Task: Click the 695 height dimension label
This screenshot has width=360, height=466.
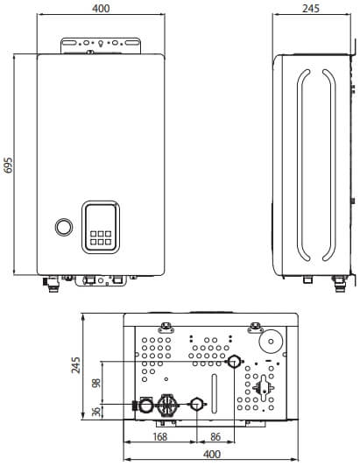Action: (x=9, y=166)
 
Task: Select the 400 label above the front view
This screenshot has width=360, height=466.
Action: (x=101, y=9)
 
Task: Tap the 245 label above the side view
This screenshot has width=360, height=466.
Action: (x=311, y=9)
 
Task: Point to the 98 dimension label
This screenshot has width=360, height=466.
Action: (x=96, y=383)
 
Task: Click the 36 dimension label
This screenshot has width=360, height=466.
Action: (x=96, y=412)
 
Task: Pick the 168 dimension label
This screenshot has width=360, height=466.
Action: (x=160, y=437)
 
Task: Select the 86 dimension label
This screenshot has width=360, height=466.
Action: (x=215, y=437)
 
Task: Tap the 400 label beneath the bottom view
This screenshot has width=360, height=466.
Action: (x=212, y=454)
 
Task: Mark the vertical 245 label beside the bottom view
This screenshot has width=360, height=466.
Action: (x=76, y=365)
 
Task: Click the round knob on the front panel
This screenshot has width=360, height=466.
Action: (x=64, y=228)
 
